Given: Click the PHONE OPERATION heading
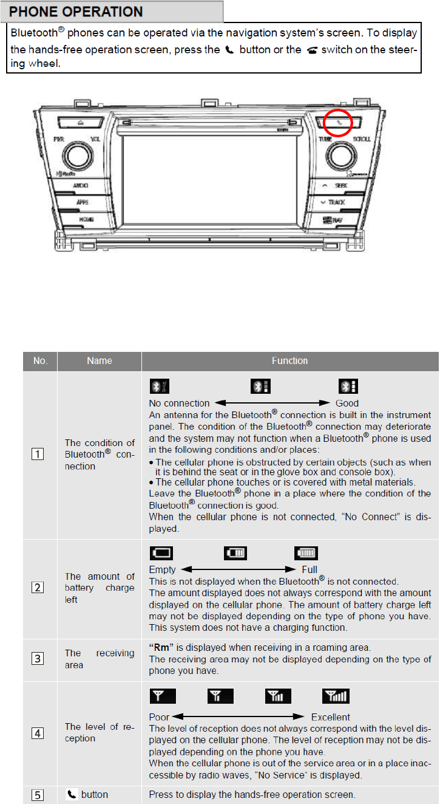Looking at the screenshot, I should pyautogui.click(x=76, y=12).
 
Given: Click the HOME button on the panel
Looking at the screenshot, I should pyautogui.click(x=83, y=218).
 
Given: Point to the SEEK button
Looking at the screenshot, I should pyautogui.click(x=337, y=185).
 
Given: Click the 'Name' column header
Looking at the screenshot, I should pyautogui.click(x=100, y=360).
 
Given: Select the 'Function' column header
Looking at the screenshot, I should pyautogui.click(x=289, y=360).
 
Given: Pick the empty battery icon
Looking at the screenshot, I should pyautogui.click(x=161, y=553).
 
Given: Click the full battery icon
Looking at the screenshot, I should pyautogui.click(x=306, y=553).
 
